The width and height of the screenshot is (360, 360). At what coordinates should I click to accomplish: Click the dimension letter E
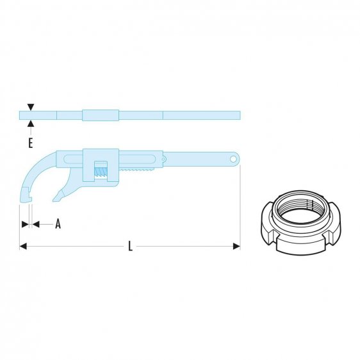[x=30, y=143]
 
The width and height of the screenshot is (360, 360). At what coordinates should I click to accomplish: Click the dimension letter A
[x=58, y=224]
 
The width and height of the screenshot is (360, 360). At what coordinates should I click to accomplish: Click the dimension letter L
[x=130, y=247]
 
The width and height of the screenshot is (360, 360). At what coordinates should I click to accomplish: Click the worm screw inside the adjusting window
[x=101, y=170]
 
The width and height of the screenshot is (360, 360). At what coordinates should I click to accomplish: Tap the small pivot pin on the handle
[x=164, y=157]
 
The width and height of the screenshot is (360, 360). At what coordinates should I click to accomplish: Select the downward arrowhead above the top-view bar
[x=30, y=108]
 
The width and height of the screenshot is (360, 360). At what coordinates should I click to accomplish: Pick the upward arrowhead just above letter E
[x=30, y=124]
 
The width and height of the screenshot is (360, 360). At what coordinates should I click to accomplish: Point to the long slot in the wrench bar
[x=138, y=157]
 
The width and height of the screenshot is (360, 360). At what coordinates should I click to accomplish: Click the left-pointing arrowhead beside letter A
[x=36, y=224]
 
